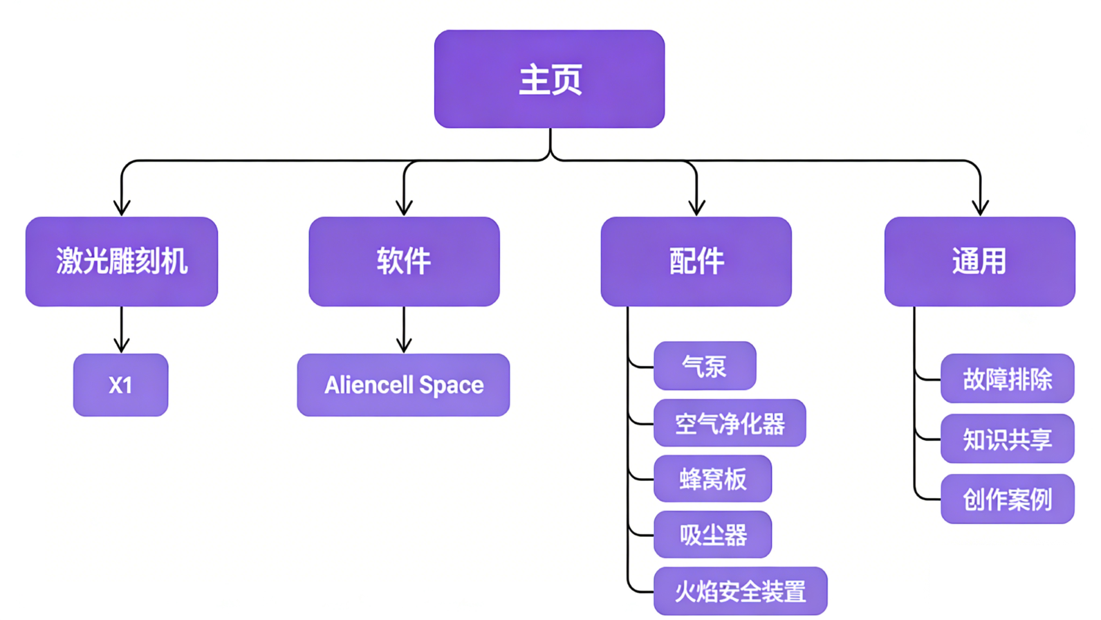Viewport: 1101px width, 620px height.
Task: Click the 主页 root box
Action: pos(550,79)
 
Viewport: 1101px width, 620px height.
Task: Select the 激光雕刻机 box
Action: pos(122,262)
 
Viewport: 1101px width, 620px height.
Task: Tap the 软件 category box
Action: pos(404,262)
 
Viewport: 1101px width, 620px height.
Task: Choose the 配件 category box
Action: pos(696,262)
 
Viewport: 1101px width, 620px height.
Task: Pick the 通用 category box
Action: pos(980,262)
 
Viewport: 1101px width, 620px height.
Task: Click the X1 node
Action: pos(121,385)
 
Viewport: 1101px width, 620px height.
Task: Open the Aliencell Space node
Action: pos(403,385)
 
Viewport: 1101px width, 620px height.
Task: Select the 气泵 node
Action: pos(705,366)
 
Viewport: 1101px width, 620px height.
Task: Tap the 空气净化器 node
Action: pos(730,423)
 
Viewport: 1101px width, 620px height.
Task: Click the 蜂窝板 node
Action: pos(713,478)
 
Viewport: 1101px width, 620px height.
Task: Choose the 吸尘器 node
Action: pos(713,534)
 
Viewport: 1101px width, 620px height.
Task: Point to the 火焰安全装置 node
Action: pos(741,591)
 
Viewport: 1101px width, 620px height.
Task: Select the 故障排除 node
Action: pos(1008,379)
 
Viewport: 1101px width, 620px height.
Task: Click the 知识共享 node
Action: pos(1008,439)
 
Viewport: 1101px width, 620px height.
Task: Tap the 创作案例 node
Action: pos(1008,499)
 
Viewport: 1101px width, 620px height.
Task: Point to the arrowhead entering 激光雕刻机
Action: pos(122,208)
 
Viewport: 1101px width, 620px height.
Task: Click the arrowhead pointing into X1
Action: pos(122,345)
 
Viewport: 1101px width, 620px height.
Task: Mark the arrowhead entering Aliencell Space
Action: pos(404,345)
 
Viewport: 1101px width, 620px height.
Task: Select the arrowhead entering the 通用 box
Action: pos(981,208)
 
